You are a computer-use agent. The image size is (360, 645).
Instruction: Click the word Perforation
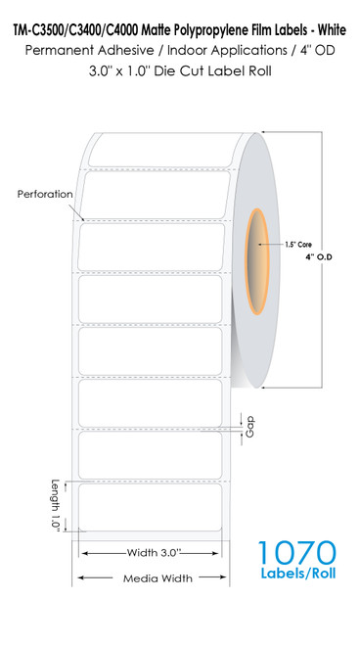(x=45, y=194)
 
